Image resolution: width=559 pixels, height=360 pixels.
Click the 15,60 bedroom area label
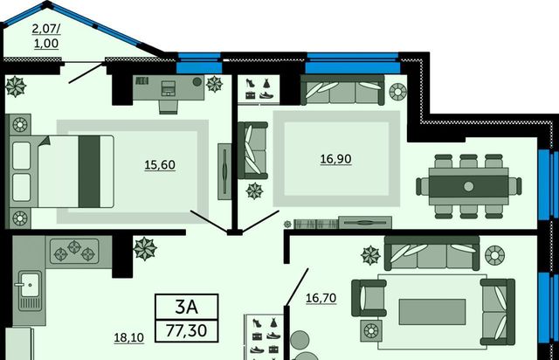pos(160,165)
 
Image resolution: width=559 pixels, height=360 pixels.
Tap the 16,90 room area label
pos(335,159)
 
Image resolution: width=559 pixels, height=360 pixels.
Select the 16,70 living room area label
pos(321,298)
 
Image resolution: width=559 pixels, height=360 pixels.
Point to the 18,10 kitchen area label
pos(128,337)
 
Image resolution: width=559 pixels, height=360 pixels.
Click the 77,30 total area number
pos(186,330)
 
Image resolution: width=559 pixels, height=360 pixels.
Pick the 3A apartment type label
pos(186,307)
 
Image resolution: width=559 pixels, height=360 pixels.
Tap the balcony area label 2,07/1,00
pos(46,36)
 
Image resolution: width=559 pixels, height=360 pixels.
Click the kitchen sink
pos(30,290)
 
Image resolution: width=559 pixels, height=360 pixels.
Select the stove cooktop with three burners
pos(74,251)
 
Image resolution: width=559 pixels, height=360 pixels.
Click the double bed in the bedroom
pos(61,171)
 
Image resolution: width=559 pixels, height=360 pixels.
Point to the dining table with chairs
pos(468,186)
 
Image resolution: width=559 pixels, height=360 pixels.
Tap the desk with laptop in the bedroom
pos(169,90)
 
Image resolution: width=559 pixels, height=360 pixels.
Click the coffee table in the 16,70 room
pos(432,312)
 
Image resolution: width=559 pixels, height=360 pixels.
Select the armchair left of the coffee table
pos(369,298)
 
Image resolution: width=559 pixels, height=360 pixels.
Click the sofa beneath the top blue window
pos(342,90)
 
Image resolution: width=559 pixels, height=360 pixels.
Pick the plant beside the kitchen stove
pos(145,248)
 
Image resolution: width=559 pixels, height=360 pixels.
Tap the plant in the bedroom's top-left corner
pos(16,87)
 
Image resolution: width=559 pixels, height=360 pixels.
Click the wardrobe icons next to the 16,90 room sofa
pos(259,89)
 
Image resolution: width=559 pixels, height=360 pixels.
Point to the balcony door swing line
pos(86,74)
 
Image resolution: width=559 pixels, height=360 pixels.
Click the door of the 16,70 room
pos(297,287)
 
